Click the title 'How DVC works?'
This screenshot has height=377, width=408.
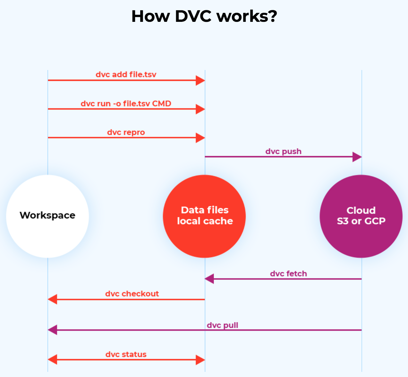[204, 16]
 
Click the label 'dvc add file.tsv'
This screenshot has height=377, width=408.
[126, 75]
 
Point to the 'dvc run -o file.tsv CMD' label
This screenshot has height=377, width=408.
[126, 104]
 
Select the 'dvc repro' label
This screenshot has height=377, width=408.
[126, 132]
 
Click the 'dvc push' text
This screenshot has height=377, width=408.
[284, 151]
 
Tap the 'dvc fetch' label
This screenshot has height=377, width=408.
[288, 274]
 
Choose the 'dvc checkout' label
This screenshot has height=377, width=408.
[132, 294]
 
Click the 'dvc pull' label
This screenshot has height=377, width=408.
[223, 325]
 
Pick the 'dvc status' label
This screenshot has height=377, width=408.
[126, 354]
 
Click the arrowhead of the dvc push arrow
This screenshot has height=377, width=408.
[357, 157]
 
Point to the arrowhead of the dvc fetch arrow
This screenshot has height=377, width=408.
[209, 279]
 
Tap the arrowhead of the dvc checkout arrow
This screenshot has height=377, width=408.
[52, 299]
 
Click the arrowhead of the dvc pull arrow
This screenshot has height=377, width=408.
[52, 330]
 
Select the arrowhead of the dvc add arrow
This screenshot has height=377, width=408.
[200, 80]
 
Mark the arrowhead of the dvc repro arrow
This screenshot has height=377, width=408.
[200, 138]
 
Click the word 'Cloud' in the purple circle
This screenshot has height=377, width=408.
[361, 210]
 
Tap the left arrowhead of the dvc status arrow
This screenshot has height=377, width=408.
[52, 360]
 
